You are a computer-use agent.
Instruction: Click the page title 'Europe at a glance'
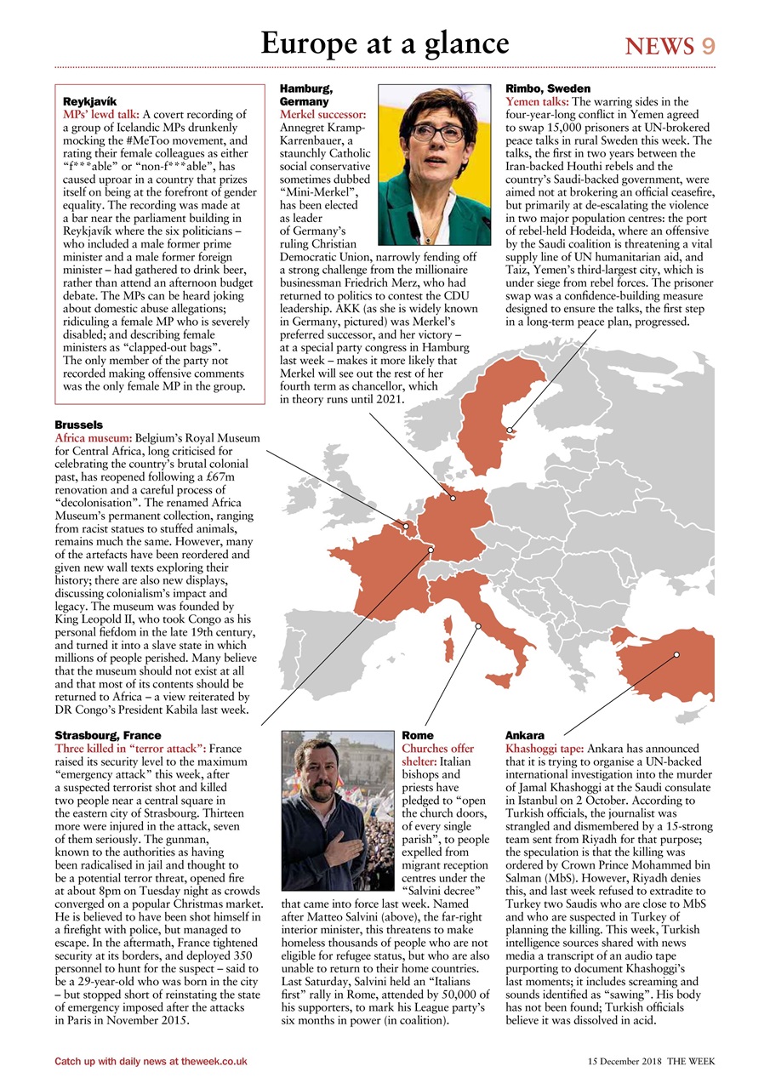click(385, 43)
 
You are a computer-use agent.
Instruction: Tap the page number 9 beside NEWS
click(708, 46)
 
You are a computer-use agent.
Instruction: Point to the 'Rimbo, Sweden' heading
click(547, 88)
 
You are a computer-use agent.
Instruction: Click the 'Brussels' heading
click(78, 425)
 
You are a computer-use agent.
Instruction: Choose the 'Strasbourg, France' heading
click(107, 735)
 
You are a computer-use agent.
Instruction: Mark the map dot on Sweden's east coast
click(510, 430)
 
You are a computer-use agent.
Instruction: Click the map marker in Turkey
click(676, 654)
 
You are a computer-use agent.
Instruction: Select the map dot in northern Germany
click(453, 498)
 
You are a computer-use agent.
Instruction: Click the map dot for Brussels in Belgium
click(406, 526)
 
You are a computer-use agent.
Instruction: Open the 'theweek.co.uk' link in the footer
click(209, 1061)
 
